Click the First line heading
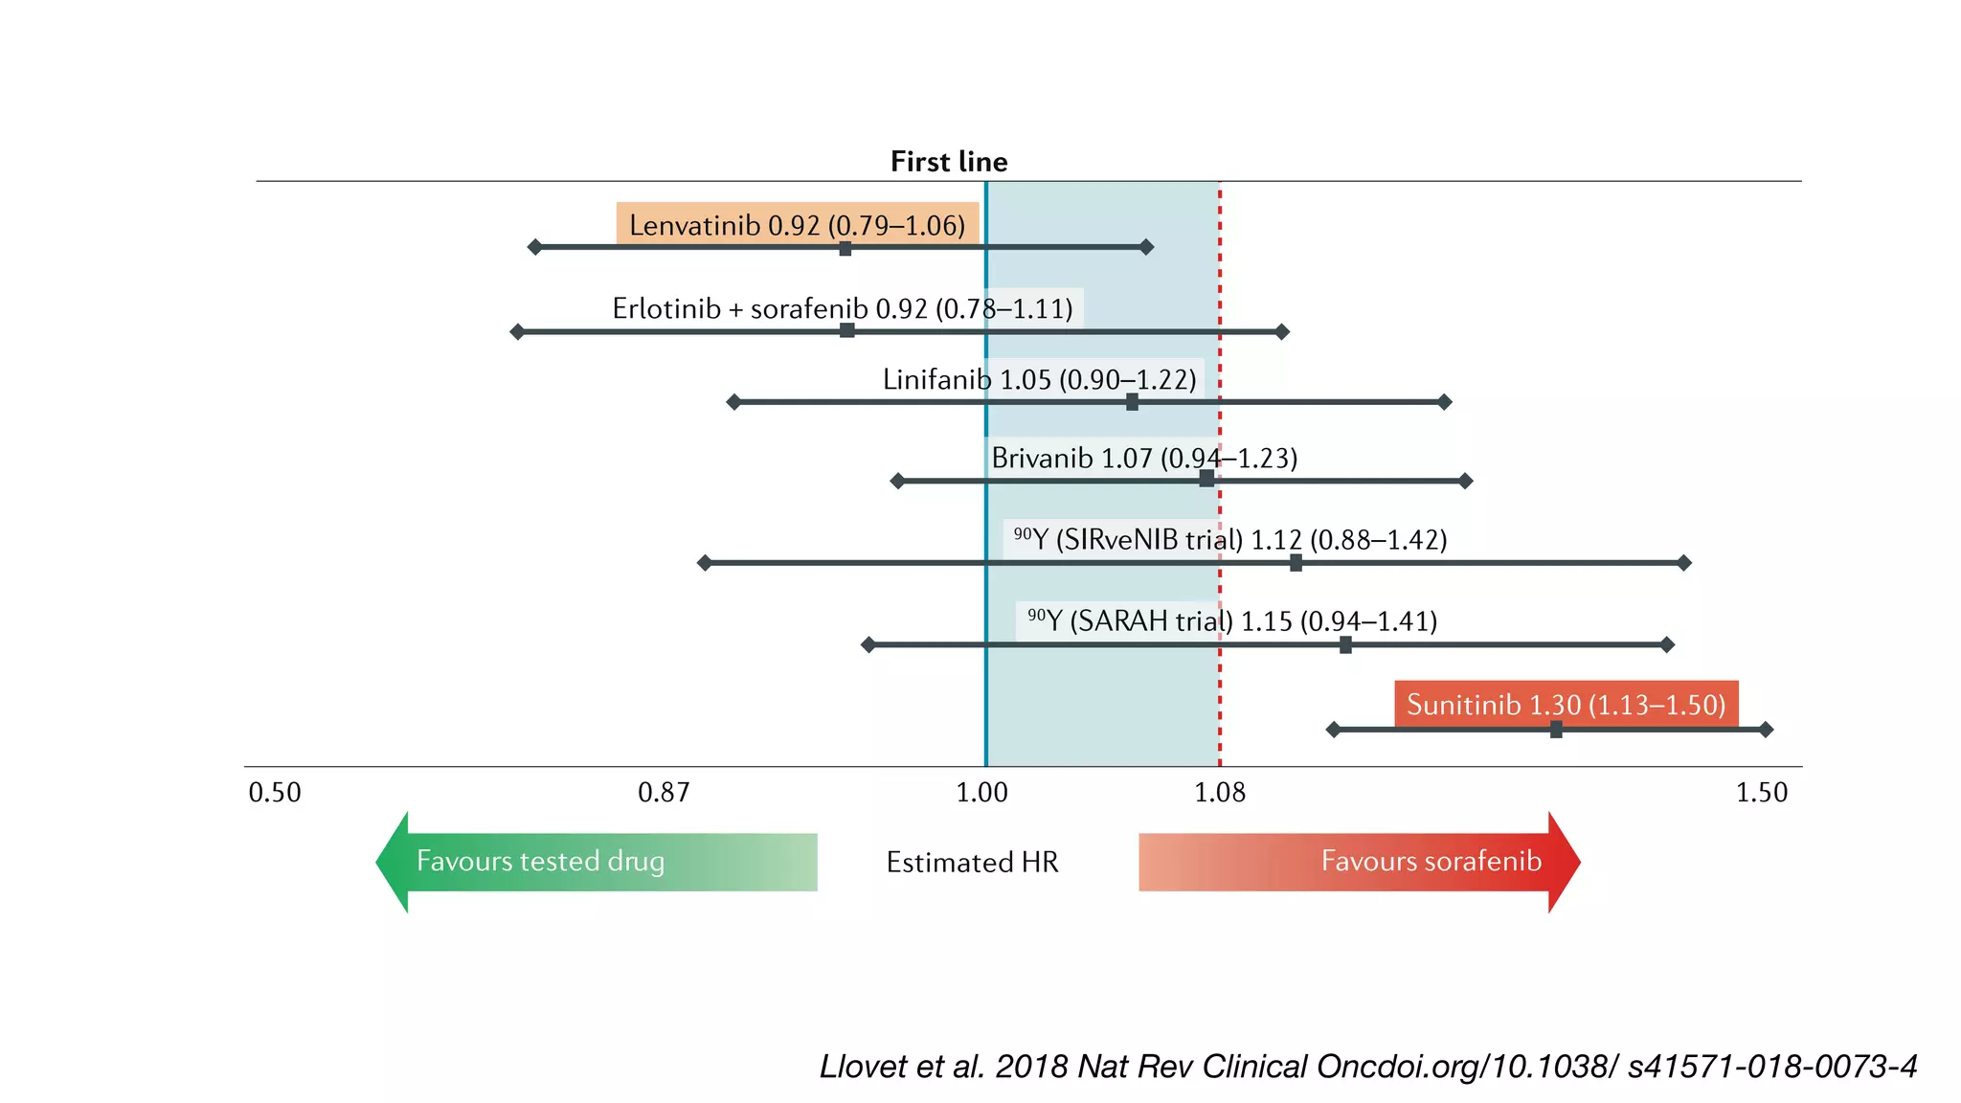(948, 161)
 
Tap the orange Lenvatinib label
(797, 225)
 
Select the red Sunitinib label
(1566, 705)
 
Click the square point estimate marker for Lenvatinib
(845, 248)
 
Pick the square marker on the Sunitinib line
(1556, 730)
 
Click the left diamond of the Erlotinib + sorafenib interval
(517, 331)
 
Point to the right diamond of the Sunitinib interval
(1766, 730)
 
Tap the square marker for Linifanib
(1132, 402)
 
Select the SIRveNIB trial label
(1230, 540)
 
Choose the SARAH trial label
(1231, 621)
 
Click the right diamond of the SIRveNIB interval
(1684, 563)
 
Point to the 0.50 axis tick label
(275, 793)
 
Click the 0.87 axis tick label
(664, 793)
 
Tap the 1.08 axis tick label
(1220, 793)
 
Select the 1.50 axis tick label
(1762, 793)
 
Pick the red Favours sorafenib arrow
(1360, 862)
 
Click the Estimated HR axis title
(972, 863)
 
